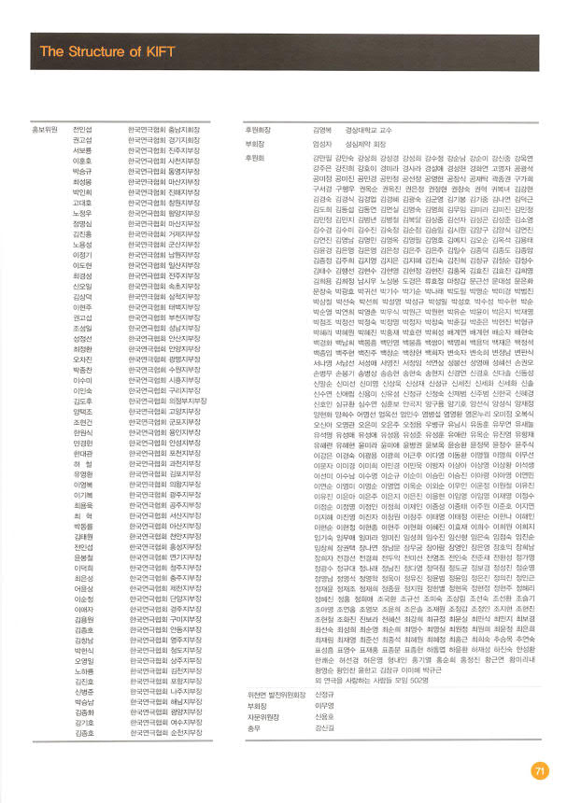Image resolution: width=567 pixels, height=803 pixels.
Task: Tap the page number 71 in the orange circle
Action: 538,770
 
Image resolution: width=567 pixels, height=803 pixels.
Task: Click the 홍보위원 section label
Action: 46,129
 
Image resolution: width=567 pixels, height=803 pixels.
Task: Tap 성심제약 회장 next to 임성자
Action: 365,145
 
